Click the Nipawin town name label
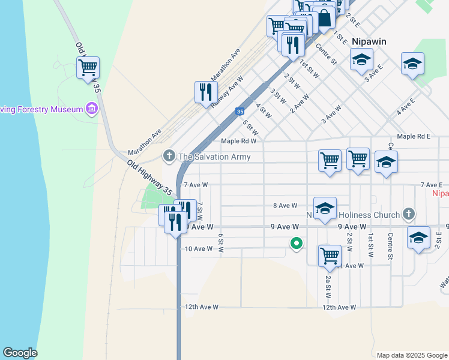click(369, 41)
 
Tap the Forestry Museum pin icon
click(92, 109)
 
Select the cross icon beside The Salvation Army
click(169, 156)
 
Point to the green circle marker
click(295, 244)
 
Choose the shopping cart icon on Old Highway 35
click(88, 67)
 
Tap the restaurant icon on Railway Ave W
click(206, 92)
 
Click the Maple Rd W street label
click(238, 142)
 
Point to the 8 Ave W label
click(285, 206)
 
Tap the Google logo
click(20, 353)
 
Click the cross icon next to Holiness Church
click(408, 214)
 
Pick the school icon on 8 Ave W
click(325, 208)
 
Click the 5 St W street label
click(250, 127)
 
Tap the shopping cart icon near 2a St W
click(330, 255)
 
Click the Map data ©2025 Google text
click(412, 355)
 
